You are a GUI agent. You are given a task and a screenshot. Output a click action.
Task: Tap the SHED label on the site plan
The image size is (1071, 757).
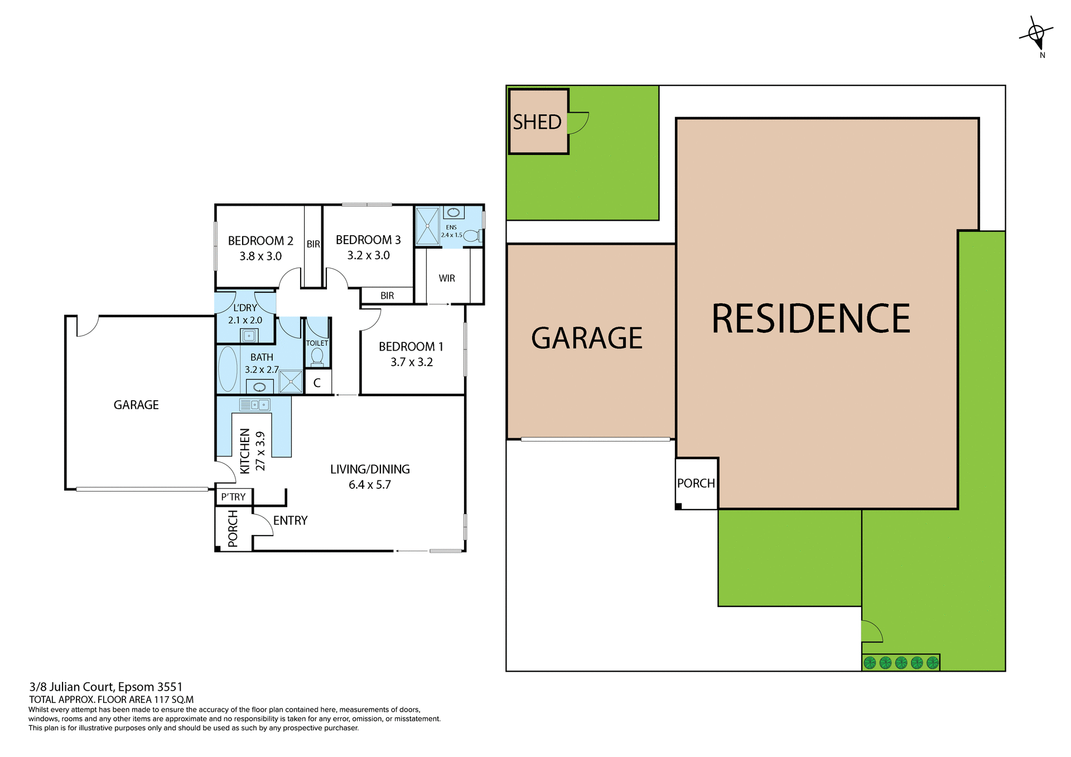pos(537,122)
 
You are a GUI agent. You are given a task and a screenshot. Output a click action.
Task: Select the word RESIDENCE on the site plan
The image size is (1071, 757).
pos(811,319)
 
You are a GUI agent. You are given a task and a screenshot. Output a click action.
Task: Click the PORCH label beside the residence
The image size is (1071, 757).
pos(696,483)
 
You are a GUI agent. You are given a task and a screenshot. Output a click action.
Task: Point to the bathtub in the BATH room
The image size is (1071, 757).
pos(228,370)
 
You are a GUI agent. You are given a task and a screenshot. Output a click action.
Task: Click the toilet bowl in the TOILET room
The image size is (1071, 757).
pos(317,356)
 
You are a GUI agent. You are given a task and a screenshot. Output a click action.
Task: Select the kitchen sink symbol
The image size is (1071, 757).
pos(255,405)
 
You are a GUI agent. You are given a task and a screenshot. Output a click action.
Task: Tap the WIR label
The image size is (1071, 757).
pos(447,278)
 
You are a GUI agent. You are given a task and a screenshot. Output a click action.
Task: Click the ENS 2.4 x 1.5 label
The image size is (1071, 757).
pos(451,231)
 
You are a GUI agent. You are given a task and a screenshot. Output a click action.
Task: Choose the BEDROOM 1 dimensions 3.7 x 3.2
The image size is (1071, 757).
pos(412,362)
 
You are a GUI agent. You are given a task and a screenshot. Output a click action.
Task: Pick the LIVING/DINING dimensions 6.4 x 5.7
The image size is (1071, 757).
pos(370,485)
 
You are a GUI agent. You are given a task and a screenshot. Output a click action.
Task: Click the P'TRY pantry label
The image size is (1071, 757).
pos(233,497)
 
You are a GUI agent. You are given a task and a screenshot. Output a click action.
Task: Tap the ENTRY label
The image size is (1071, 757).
pos(290,521)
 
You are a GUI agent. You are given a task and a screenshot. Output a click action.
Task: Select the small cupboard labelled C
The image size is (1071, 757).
pos(317,383)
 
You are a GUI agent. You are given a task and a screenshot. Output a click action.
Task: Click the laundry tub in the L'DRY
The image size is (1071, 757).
pos(249,336)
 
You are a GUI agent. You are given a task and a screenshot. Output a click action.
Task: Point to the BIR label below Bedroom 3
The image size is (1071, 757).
pos(387,295)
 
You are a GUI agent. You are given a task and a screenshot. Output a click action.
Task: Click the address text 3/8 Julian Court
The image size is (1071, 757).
pos(106,687)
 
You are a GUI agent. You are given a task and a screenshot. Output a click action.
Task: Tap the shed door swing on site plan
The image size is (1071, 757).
pos(577,123)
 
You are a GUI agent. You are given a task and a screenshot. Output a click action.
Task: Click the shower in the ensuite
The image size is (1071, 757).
pos(428,226)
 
